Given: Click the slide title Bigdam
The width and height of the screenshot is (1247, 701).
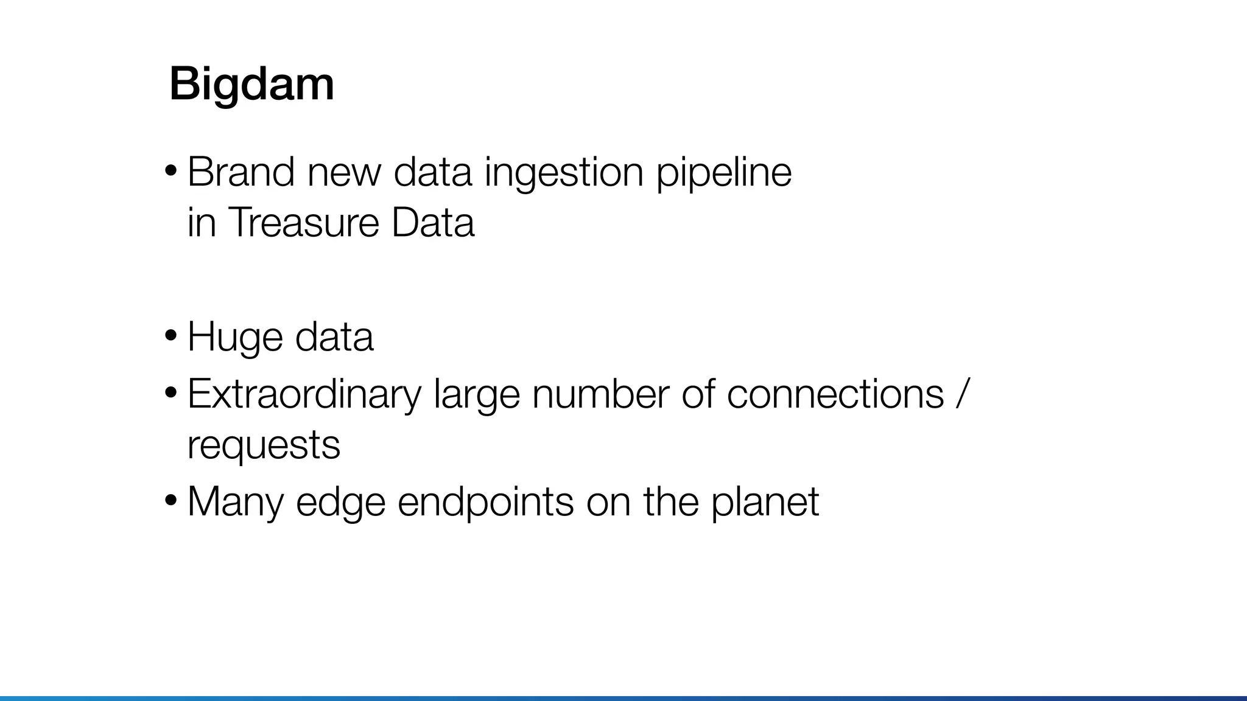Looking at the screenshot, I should [251, 84].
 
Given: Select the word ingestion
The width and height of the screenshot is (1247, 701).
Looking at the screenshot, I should [563, 173].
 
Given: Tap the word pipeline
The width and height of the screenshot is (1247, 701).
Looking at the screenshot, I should [723, 173].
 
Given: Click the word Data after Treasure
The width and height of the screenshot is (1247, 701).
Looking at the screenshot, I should [432, 222].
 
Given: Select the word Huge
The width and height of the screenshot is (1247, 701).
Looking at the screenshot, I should [235, 338].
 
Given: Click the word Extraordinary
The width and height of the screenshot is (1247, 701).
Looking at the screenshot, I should [304, 395].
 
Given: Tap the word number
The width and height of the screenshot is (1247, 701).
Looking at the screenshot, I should [600, 394].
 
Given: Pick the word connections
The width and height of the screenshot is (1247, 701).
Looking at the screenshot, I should [835, 394].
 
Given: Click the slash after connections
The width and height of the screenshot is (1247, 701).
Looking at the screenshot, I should [961, 394].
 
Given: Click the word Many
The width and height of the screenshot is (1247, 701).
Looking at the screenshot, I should [236, 502].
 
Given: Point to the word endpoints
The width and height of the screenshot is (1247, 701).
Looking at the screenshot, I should [485, 502].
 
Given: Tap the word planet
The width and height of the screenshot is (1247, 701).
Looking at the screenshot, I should [765, 502].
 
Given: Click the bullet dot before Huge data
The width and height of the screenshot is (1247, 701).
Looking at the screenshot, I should [171, 335].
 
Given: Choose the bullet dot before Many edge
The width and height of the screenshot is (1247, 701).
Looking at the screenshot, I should [171, 500].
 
